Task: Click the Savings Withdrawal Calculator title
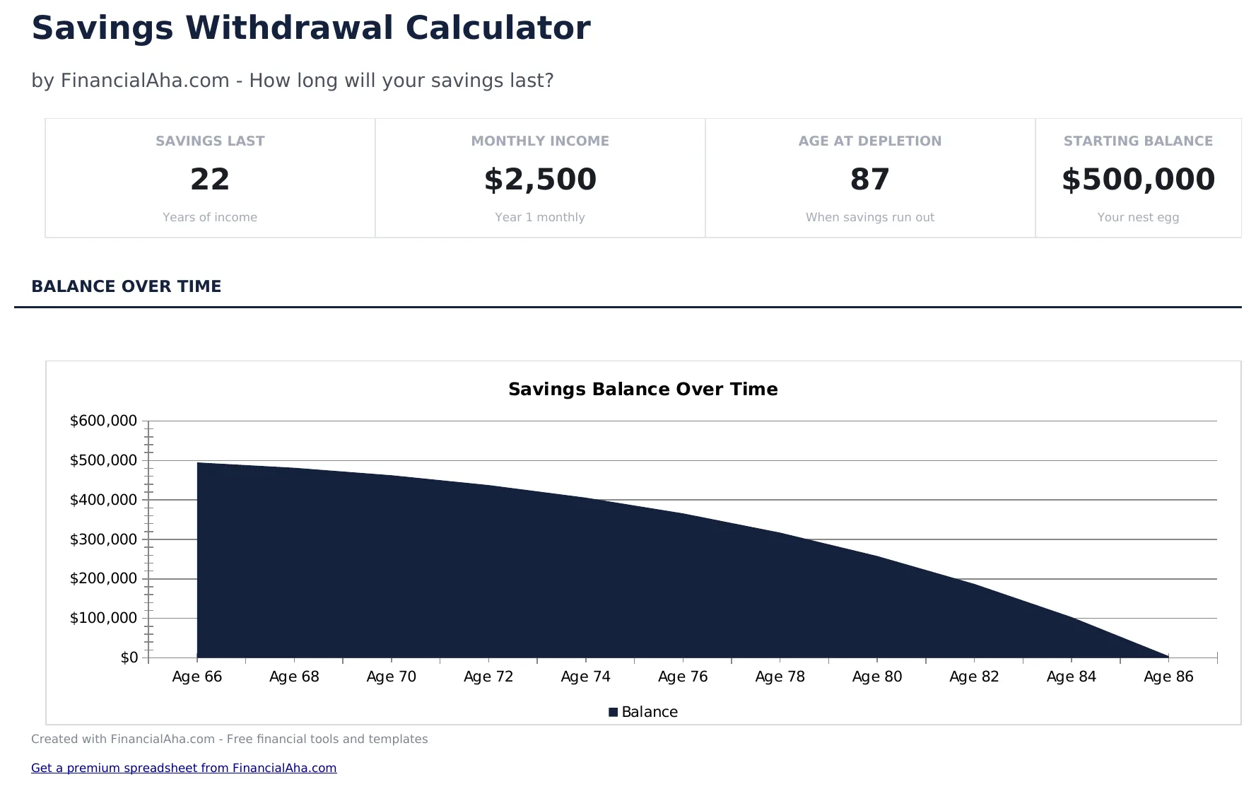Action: pos(310,29)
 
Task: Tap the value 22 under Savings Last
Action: pos(210,180)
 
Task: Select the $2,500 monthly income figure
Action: pos(540,180)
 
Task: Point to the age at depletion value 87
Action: pos(869,180)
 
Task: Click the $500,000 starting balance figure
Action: pos(1138,180)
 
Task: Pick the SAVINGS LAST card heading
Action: pos(210,141)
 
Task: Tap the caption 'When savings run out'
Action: pos(869,218)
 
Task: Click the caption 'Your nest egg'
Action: pos(1138,218)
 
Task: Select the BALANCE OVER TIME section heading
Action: pos(127,286)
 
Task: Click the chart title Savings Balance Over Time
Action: pos(642,390)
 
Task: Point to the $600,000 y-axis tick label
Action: pos(103,421)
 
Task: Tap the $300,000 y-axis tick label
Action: pos(103,540)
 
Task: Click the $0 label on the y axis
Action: pos(129,658)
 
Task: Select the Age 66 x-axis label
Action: pos(197,677)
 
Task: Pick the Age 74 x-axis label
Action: pos(585,677)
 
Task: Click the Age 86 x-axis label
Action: pos(1168,677)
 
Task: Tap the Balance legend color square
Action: pos(614,713)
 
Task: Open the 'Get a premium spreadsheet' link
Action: pos(184,768)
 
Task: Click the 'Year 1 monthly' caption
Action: pos(540,218)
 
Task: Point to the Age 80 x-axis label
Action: pos(877,677)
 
